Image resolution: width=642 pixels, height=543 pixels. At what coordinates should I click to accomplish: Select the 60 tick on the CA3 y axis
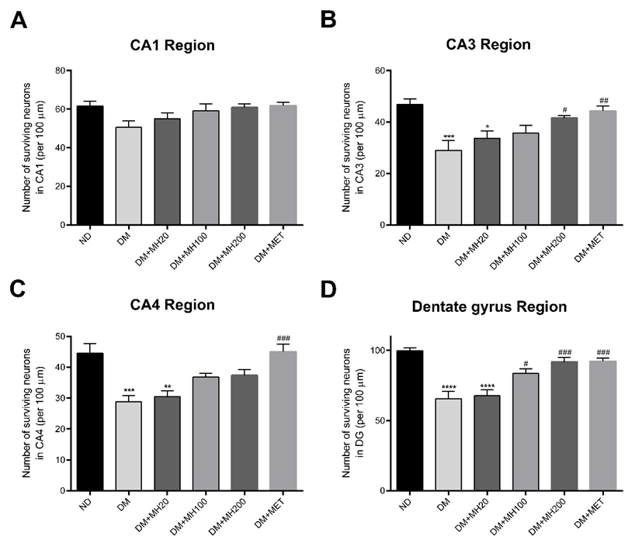[x=382, y=71]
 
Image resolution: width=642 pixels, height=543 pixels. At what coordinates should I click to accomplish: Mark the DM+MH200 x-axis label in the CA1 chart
[x=231, y=248]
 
